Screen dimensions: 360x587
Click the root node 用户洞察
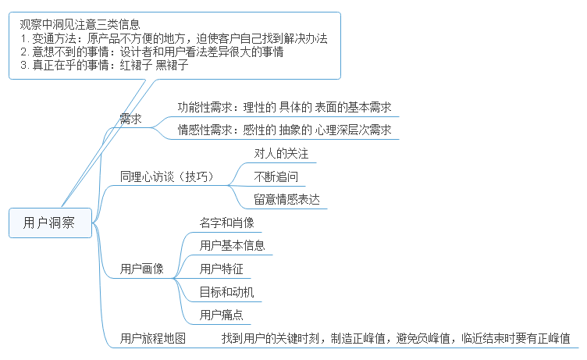(49, 223)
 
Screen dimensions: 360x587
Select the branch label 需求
(130, 119)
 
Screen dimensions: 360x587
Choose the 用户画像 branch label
(142, 269)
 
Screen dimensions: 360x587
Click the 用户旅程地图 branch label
(153, 338)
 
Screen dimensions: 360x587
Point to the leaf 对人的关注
(281, 153)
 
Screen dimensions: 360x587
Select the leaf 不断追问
(276, 176)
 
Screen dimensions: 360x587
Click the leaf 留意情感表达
(286, 199)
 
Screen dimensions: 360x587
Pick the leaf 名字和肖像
(226, 223)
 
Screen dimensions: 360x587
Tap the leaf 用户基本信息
(232, 245)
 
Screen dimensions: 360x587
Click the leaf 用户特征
(221, 269)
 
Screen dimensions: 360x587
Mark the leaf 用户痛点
(221, 315)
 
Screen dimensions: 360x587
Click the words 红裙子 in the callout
(136, 66)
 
